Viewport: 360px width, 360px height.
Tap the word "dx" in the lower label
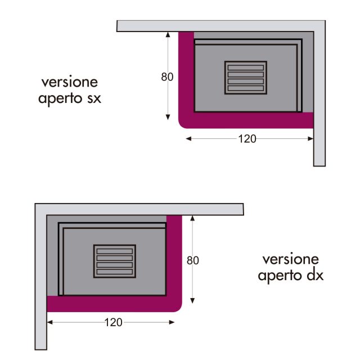tap(315, 275)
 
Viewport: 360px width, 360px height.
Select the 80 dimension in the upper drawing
tap(167, 77)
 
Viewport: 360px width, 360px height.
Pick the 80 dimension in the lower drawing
tap(193, 260)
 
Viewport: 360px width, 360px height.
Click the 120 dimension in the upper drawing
tap(247, 139)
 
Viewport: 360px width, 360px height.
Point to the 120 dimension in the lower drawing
tap(113, 322)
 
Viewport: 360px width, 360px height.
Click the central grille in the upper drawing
tap(246, 78)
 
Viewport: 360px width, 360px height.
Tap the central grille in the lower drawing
tap(115, 261)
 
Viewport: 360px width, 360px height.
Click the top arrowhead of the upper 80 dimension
tap(168, 34)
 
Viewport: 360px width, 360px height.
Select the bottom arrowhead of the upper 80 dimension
tap(168, 118)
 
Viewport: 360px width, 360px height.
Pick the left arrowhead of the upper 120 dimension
tap(188, 139)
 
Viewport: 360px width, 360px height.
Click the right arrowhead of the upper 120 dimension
tap(310, 139)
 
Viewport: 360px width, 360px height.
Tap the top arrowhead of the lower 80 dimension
tap(192, 218)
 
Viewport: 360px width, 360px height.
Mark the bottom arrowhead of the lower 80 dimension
tap(192, 301)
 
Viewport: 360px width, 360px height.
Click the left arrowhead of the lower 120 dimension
tap(50, 322)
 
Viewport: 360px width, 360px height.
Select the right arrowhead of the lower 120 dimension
tap(172, 322)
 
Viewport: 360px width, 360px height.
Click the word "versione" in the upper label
tap(70, 82)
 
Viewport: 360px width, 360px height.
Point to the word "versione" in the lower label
tap(291, 259)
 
